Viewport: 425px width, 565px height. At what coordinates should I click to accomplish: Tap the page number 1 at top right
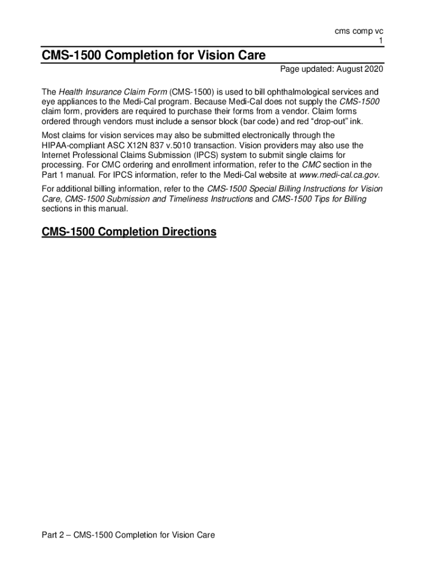tap(381, 41)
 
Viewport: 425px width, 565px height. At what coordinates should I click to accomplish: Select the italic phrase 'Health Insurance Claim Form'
tap(113, 92)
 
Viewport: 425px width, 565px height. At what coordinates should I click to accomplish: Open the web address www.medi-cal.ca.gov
tap(339, 175)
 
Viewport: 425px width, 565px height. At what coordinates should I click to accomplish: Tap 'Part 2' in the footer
tap(54, 535)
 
